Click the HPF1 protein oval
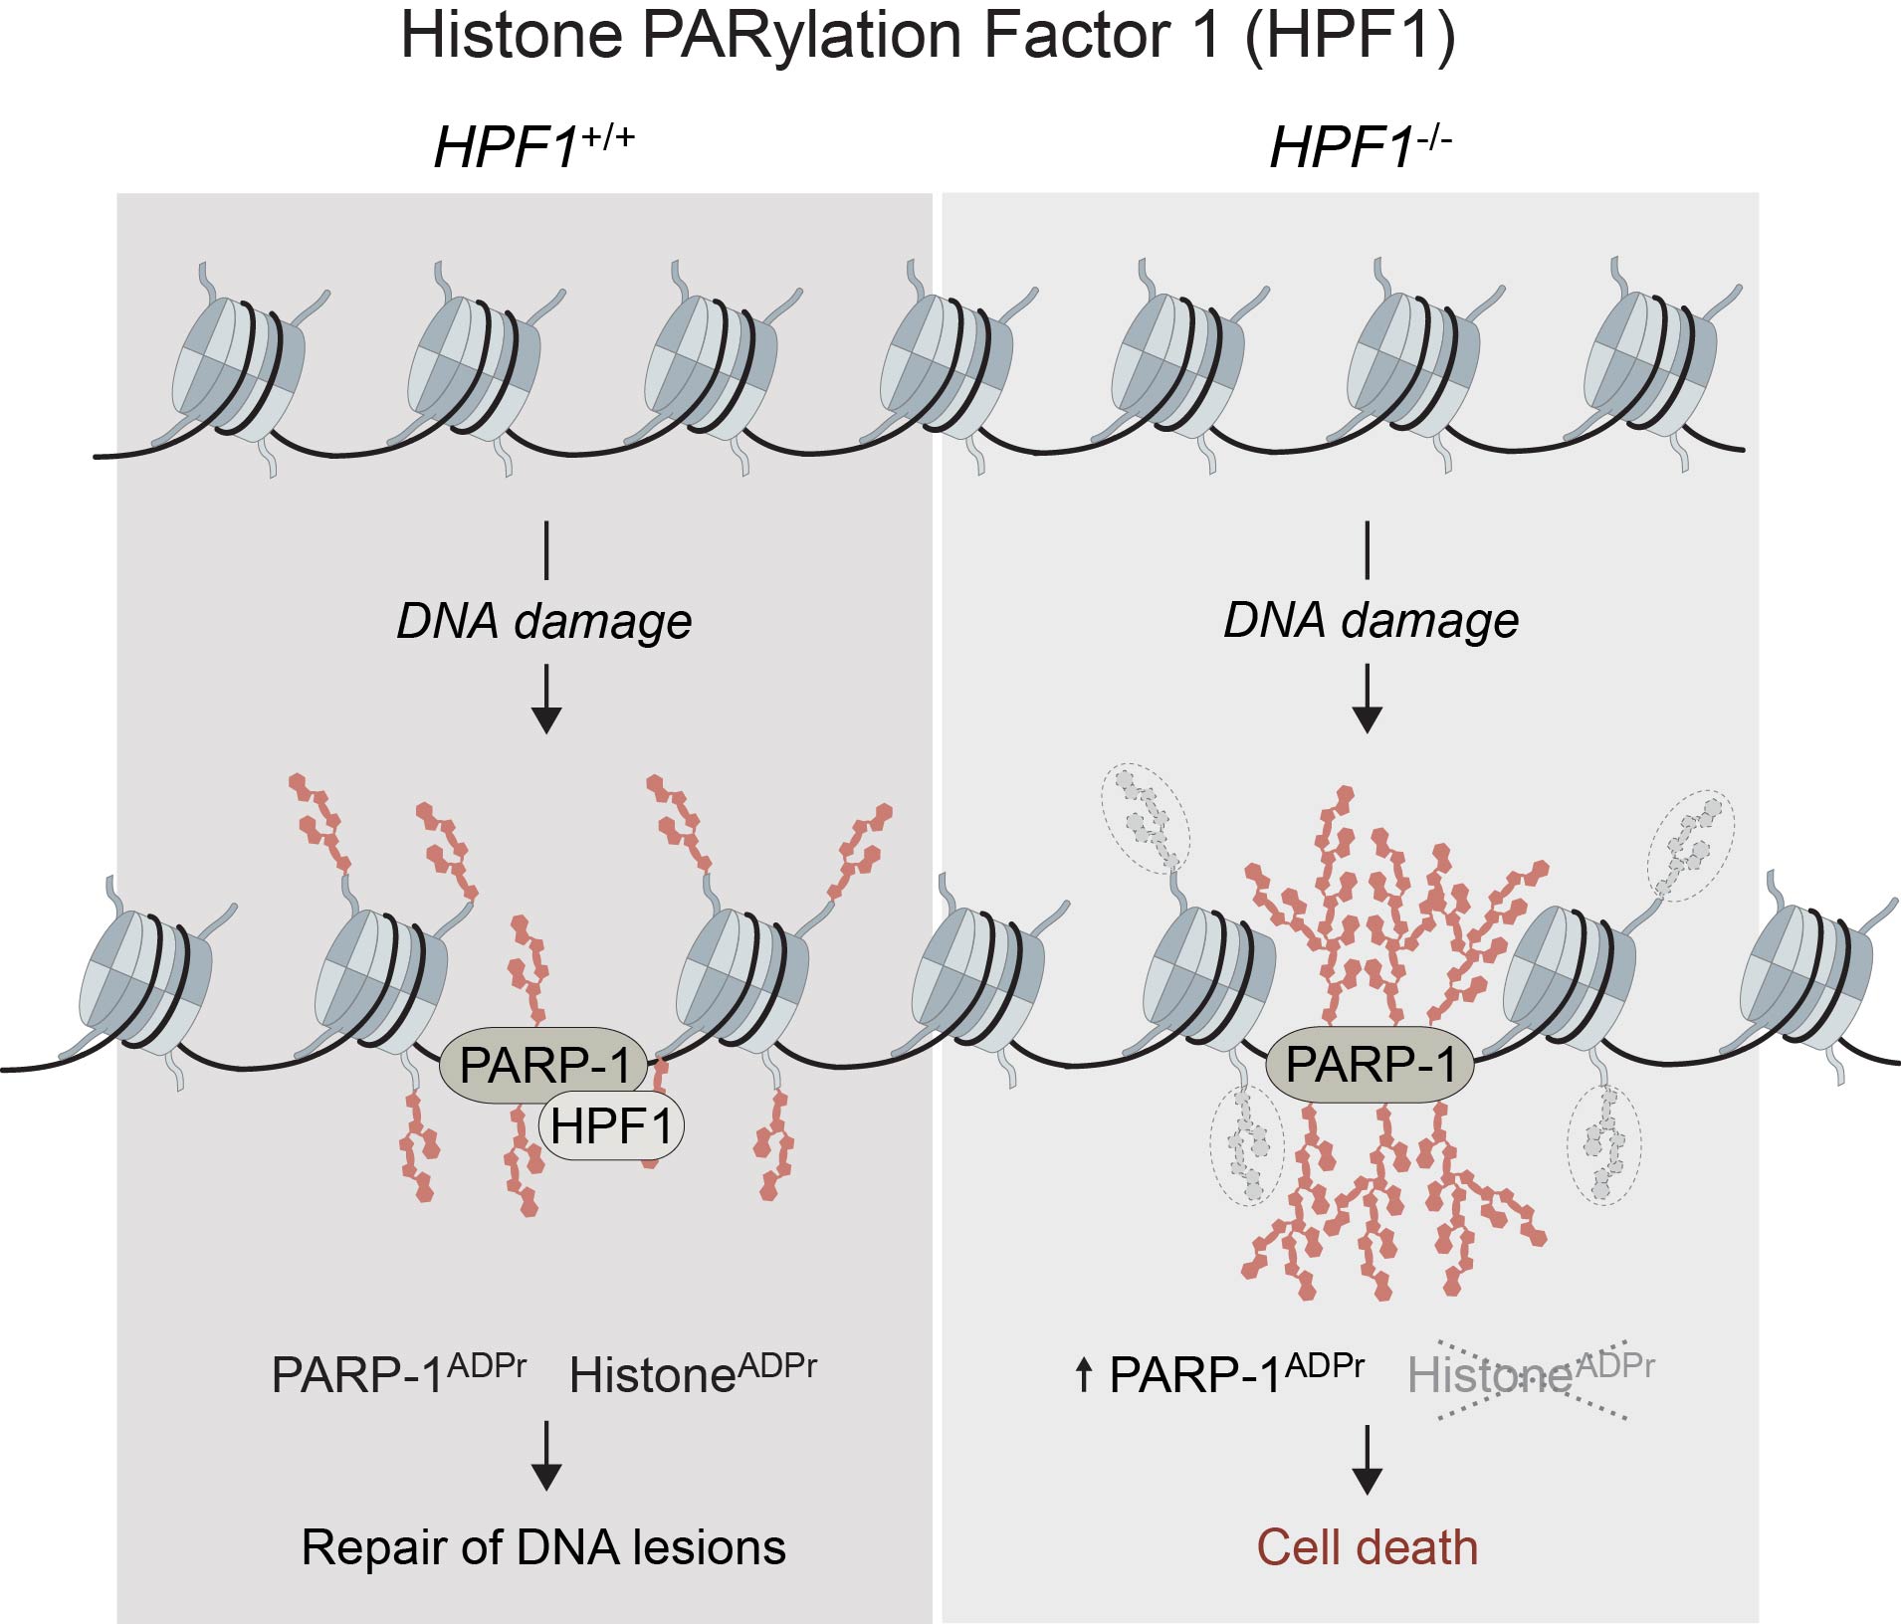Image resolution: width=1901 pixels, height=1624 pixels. coord(611,1127)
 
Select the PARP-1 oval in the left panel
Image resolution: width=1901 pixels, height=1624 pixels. coord(544,1065)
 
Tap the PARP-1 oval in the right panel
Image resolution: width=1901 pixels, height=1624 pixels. coord(1370,1064)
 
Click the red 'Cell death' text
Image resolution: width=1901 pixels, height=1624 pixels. coord(1367,1547)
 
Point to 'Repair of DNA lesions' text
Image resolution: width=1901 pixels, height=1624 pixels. coord(543,1547)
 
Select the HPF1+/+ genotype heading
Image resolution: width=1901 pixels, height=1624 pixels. coord(533,146)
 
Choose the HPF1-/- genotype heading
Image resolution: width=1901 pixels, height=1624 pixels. coord(1361,146)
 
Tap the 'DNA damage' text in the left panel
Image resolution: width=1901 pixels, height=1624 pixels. coord(544,621)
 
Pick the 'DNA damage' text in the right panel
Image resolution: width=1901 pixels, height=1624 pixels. coord(1371,620)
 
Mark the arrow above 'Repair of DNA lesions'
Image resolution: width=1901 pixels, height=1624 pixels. coord(546,1457)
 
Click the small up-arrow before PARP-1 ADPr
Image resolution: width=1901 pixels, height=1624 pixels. coord(1084,1375)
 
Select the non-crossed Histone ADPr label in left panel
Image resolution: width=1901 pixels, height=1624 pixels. coord(692,1374)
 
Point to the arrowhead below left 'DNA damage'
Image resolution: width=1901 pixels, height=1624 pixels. coord(546,717)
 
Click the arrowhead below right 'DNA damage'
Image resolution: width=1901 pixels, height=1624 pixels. coord(1368,717)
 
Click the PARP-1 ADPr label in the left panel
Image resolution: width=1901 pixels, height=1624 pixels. coord(398,1374)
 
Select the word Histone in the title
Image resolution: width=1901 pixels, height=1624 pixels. coord(512,37)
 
